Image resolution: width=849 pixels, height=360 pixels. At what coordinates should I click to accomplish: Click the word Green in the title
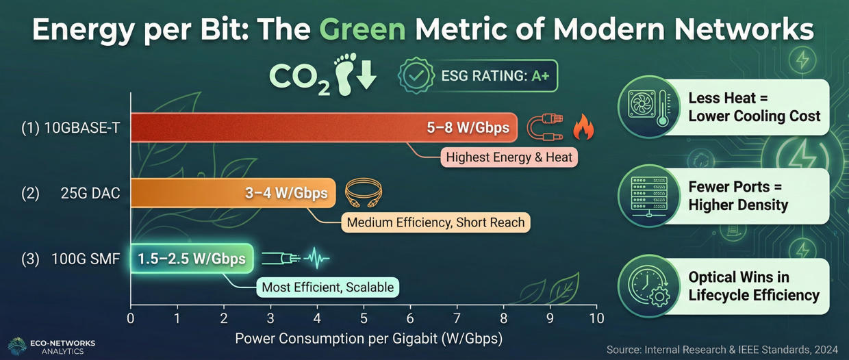tap(363, 30)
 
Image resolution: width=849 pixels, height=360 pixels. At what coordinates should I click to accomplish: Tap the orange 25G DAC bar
tap(233, 193)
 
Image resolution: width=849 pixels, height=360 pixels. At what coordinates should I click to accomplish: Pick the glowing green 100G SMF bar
tap(192, 259)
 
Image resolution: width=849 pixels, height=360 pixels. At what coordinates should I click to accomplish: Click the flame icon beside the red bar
tap(583, 127)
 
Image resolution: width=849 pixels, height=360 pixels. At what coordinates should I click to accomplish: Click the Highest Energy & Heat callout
tap(508, 157)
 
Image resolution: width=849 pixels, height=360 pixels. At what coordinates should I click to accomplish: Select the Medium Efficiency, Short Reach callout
tap(435, 222)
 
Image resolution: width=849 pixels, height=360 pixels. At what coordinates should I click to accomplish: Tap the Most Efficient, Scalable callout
tap(327, 287)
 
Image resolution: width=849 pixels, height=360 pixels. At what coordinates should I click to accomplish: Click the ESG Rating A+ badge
tap(478, 75)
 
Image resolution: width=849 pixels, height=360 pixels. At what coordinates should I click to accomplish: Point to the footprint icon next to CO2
tap(345, 74)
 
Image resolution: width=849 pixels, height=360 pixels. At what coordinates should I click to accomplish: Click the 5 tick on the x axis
tap(364, 318)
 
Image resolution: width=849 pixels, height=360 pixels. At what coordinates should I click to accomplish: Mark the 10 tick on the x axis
tap(596, 318)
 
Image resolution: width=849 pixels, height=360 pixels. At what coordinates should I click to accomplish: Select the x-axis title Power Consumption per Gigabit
tap(368, 338)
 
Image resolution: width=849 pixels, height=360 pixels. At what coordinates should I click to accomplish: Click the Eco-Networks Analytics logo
tap(51, 346)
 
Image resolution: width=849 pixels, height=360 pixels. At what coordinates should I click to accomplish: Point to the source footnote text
tap(723, 350)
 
